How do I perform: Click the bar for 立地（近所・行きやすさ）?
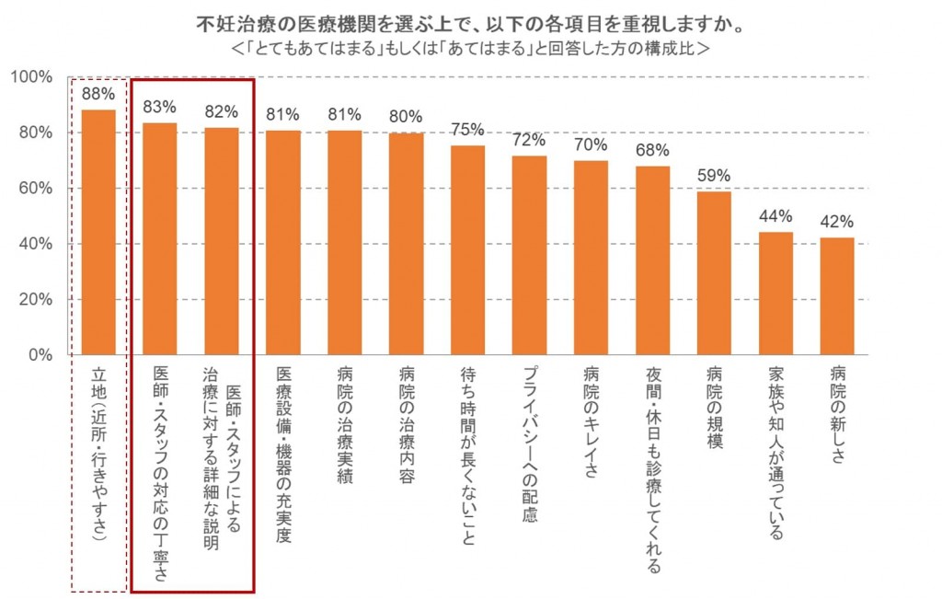pyautogui.click(x=98, y=232)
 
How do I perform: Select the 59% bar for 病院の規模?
pyautogui.click(x=714, y=272)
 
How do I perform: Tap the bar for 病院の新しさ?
pyautogui.click(x=837, y=295)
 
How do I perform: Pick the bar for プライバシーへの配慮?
pyautogui.click(x=529, y=255)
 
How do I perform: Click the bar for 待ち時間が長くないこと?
pyautogui.click(x=467, y=249)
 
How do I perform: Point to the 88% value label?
pyautogui.click(x=98, y=94)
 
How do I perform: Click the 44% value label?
pyautogui.click(x=775, y=217)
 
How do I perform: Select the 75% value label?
pyautogui.click(x=467, y=130)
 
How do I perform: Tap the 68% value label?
pyautogui.click(x=652, y=150)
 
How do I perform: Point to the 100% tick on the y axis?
pyautogui.click(x=33, y=77)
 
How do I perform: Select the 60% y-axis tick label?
pyautogui.click(x=38, y=189)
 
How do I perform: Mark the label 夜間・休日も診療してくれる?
pyautogui.click(x=652, y=469)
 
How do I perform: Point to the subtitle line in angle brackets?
pyautogui.click(x=471, y=46)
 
